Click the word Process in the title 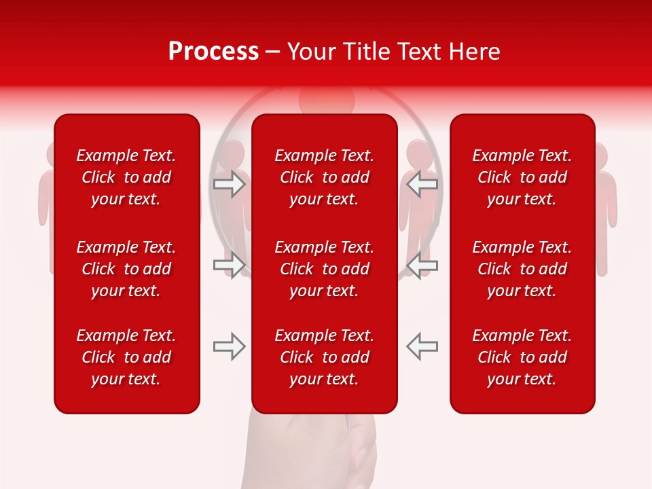[213, 52]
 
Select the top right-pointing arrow [230, 184]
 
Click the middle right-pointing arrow [230, 265]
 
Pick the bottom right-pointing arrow [230, 346]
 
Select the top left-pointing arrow [422, 184]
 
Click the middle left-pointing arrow [422, 265]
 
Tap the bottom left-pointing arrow [422, 346]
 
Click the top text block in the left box [126, 177]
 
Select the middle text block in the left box [126, 269]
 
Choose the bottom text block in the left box [126, 357]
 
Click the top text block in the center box [324, 177]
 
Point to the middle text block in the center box [324, 269]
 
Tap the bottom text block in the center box [324, 357]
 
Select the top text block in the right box [522, 177]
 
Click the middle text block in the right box [522, 269]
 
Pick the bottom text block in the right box [522, 357]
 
